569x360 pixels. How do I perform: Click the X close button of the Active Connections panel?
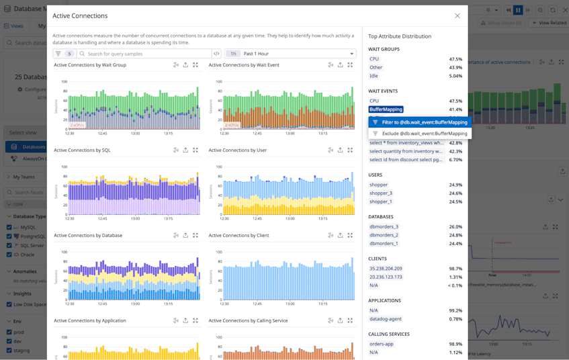(x=457, y=15)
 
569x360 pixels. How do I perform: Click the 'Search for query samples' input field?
(x=144, y=54)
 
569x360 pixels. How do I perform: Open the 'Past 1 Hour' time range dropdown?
(x=290, y=54)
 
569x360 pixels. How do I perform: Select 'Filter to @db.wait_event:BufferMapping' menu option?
(x=424, y=122)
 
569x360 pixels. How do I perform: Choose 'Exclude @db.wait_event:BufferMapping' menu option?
(x=424, y=134)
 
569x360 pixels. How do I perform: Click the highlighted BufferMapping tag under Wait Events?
(x=386, y=109)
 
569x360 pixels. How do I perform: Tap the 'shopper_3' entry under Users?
(x=380, y=193)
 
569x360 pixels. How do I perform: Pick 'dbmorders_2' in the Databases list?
(x=383, y=235)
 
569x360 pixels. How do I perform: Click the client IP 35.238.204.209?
(x=386, y=269)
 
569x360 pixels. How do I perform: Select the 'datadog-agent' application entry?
(x=385, y=319)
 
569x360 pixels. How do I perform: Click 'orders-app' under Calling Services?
(x=381, y=344)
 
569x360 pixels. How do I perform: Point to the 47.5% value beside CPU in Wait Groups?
(x=455, y=59)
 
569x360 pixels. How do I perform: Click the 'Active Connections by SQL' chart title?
(x=82, y=150)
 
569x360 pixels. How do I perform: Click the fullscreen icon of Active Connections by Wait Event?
(x=350, y=65)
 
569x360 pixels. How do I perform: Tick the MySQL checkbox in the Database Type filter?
(x=9, y=228)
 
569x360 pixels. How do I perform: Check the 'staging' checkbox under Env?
(x=9, y=350)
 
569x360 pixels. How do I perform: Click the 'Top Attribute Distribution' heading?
(x=400, y=36)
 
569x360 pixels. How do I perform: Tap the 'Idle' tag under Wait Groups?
(x=374, y=76)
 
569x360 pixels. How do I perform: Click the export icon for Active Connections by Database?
(x=185, y=236)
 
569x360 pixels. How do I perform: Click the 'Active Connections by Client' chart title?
(x=238, y=236)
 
